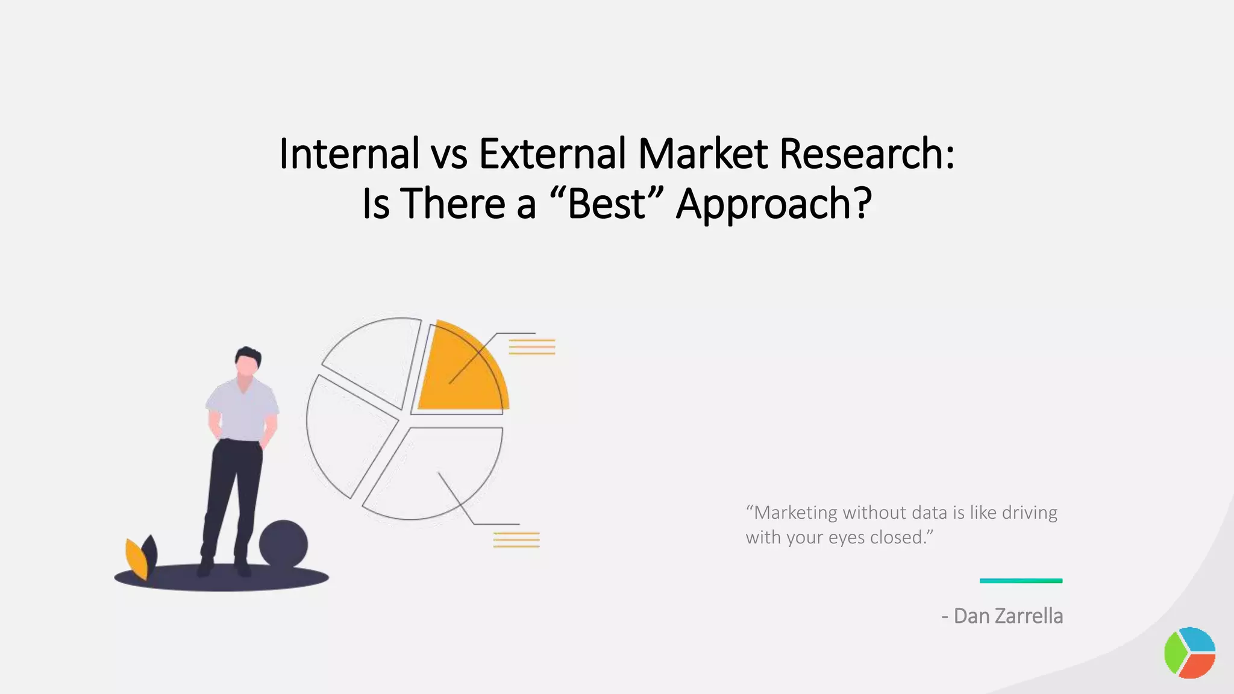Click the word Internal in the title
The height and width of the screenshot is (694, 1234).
(349, 154)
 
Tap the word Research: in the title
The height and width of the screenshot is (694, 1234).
(866, 154)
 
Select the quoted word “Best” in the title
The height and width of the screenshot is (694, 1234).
(607, 204)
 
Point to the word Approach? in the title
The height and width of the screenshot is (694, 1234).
(774, 205)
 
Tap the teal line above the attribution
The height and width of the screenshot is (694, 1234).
(1021, 581)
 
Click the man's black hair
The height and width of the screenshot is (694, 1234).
(248, 355)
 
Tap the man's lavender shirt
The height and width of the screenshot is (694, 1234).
(243, 410)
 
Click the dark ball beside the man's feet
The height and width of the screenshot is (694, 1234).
(283, 543)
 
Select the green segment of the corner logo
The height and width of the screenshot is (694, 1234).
(1175, 653)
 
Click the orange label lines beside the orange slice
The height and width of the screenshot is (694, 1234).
(531, 347)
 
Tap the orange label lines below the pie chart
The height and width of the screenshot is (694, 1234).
(516, 540)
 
